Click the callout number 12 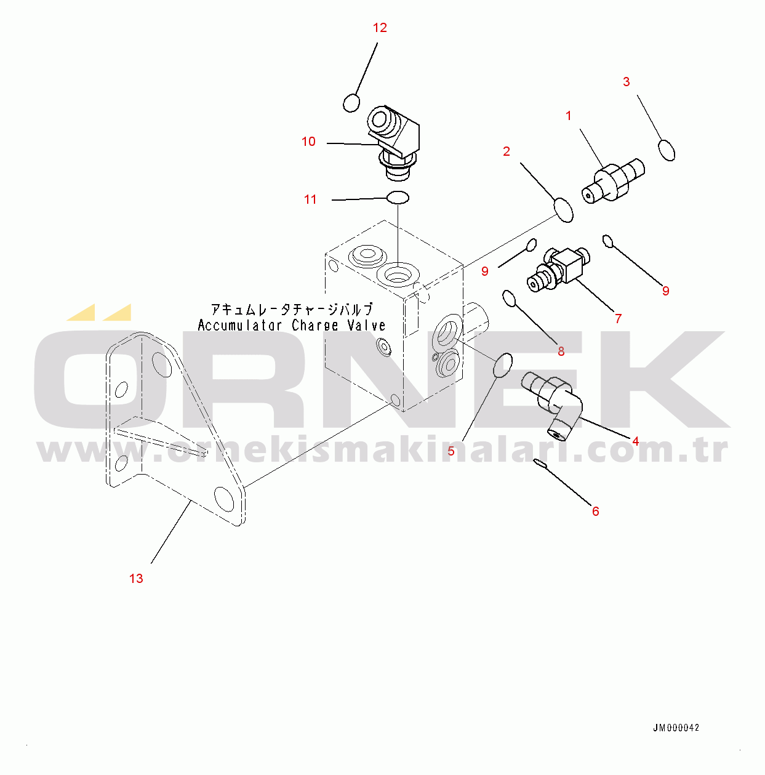[x=380, y=28]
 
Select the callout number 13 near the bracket [x=136, y=578]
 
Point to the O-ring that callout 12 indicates [x=351, y=102]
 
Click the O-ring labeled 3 [x=667, y=150]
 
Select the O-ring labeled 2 [x=564, y=209]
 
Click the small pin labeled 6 [x=540, y=463]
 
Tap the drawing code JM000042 [x=676, y=728]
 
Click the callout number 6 [x=595, y=511]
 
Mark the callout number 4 [x=635, y=441]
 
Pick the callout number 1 [x=568, y=116]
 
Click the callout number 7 [x=618, y=318]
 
